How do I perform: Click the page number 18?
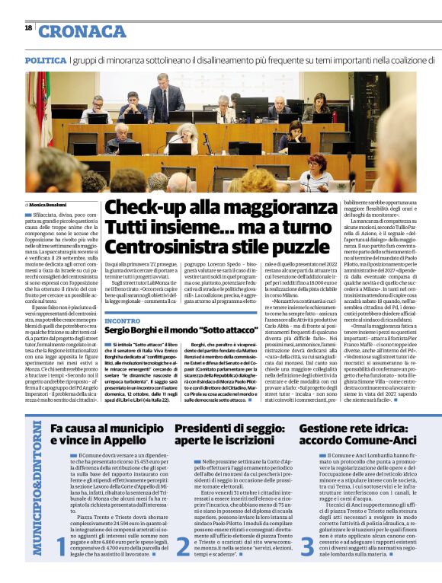coord(28,28)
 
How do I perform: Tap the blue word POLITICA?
coord(45,59)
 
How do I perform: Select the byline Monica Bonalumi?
coord(49,205)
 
